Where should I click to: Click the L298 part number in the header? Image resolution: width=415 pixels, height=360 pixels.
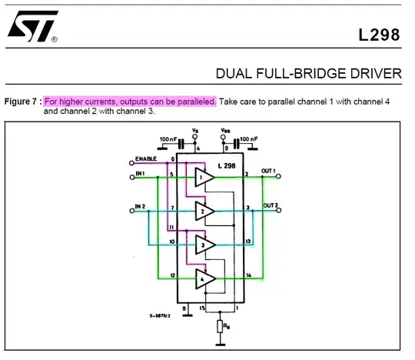(380, 35)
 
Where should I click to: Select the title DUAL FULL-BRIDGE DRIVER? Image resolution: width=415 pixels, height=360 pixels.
(308, 74)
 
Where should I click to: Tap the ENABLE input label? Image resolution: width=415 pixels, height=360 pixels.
(145, 158)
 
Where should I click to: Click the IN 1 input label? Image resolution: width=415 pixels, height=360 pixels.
(140, 174)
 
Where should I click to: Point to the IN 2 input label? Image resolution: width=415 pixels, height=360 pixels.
(139, 206)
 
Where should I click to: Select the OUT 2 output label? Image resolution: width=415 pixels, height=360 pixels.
(271, 205)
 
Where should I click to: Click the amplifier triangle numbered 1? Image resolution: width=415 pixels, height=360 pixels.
(203, 178)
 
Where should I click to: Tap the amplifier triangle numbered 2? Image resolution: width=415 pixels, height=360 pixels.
(203, 210)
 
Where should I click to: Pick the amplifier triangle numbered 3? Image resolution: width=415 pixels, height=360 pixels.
(203, 245)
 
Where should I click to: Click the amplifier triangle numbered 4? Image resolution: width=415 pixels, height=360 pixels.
(203, 278)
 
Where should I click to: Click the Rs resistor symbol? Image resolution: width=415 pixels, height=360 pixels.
(221, 325)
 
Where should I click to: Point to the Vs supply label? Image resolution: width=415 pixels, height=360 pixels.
(194, 130)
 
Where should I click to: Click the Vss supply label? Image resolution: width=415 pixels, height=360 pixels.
(224, 130)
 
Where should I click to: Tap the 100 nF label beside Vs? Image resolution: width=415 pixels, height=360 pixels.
(168, 139)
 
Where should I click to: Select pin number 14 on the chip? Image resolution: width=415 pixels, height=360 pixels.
(247, 275)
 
